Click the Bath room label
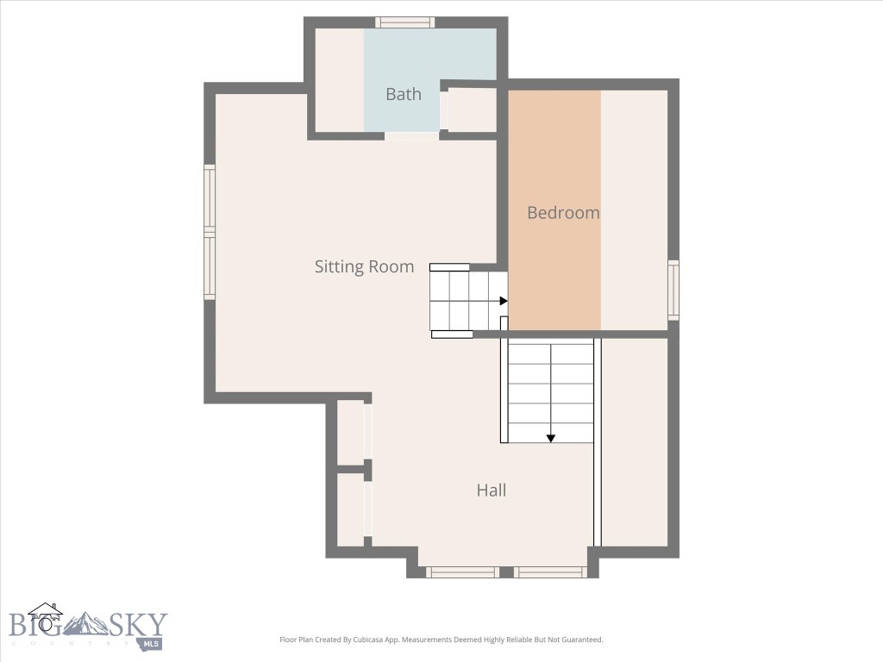[x=404, y=94]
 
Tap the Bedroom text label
[x=563, y=212]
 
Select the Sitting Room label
[x=364, y=266]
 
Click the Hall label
[x=492, y=490]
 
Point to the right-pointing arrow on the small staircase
[x=504, y=301]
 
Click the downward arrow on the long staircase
[x=550, y=438]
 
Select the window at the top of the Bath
[x=404, y=22]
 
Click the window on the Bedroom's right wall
[x=673, y=290]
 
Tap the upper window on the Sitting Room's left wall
[x=210, y=197]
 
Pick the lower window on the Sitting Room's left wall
[x=210, y=267]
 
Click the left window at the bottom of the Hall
[x=462, y=571]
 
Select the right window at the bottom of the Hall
[x=551, y=571]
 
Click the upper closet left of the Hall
[x=350, y=430]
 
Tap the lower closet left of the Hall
[x=350, y=509]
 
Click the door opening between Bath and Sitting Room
[x=411, y=136]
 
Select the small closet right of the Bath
[x=472, y=109]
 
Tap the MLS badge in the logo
[x=152, y=643]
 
